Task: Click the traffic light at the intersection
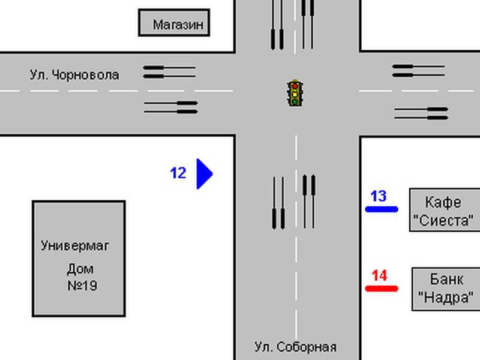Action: pos(295,93)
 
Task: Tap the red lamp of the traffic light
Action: pos(295,86)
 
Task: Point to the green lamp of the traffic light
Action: pos(295,101)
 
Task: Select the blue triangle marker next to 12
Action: pos(204,174)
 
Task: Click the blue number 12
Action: pos(178,173)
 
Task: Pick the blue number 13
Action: pos(379,196)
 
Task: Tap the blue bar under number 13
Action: pos(382,209)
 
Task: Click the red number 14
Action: pos(380,275)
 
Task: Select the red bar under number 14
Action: pos(382,289)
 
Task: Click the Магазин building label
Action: pos(178,25)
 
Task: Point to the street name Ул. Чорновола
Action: pos(74,75)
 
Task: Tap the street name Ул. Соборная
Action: pos(296,347)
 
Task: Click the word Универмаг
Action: pos(75,246)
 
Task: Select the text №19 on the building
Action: pos(82,286)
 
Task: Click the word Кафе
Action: pos(443,202)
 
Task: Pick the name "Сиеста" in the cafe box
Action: pos(443,220)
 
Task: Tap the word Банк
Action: pos(446,279)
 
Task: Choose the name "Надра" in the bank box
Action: pos(446,297)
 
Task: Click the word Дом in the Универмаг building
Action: pos(80,269)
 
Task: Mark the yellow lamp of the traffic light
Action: pos(295,94)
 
